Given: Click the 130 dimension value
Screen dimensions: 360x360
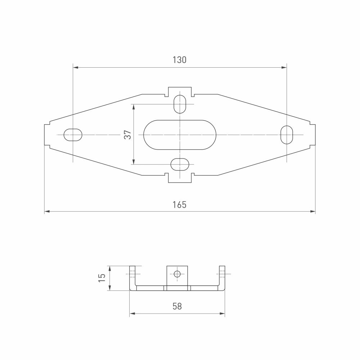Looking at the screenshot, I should click(179, 60).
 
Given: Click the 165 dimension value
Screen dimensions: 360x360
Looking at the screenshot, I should click(179, 204).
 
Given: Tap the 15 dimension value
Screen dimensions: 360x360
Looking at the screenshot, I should click(102, 278).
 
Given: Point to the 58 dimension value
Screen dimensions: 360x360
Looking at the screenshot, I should click(177, 306).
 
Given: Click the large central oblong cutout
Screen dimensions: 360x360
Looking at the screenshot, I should click(180, 135).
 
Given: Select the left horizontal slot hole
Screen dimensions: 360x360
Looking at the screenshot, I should click(73, 135).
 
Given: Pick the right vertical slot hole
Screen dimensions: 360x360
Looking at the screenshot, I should click(287, 135).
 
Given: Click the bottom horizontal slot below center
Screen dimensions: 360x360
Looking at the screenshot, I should click(180, 165).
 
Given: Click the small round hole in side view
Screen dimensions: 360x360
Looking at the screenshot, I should click(177, 274).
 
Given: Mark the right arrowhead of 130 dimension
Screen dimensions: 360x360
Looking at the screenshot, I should click(284, 67).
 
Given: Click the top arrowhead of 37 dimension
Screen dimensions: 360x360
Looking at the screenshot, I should click(134, 106).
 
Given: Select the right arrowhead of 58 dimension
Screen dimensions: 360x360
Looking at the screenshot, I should click(223, 314).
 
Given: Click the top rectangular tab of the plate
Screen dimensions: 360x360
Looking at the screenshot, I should click(180, 91).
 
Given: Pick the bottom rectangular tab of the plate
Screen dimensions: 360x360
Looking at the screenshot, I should click(180, 178).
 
